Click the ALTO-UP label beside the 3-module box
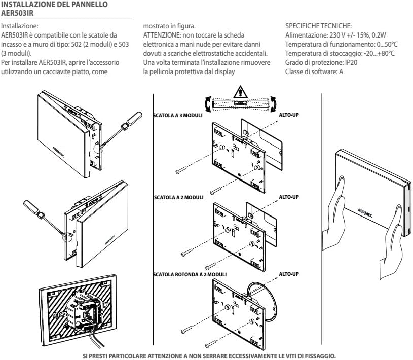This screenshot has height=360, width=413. point(289,115)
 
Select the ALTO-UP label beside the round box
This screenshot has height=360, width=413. point(289,274)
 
